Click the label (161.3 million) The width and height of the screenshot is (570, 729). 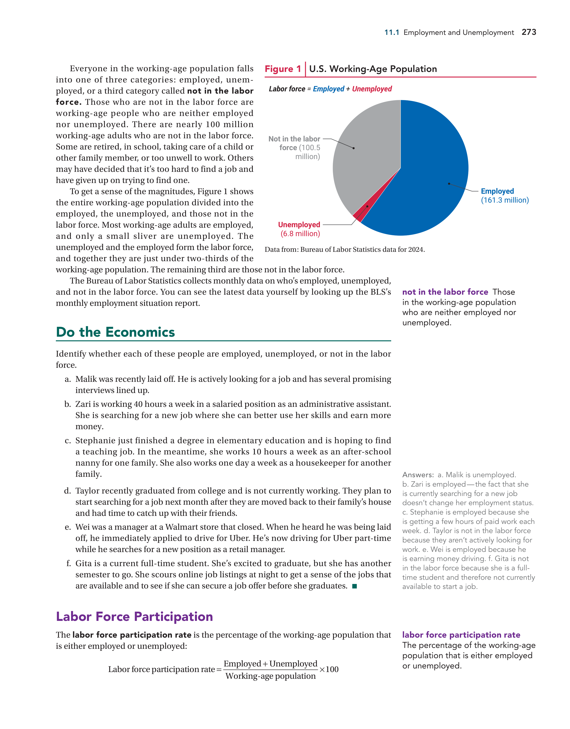coord(505,200)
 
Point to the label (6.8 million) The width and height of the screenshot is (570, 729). coord(300,234)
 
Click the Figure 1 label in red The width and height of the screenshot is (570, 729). coord(283,69)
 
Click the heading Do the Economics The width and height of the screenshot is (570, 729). coord(115,332)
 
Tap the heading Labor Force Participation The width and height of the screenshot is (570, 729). coord(134,617)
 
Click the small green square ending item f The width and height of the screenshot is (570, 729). coord(355,586)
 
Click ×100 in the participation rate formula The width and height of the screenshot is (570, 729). coord(329,669)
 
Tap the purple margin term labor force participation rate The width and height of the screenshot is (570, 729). coord(461,635)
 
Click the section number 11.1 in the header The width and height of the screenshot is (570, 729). coord(391,32)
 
